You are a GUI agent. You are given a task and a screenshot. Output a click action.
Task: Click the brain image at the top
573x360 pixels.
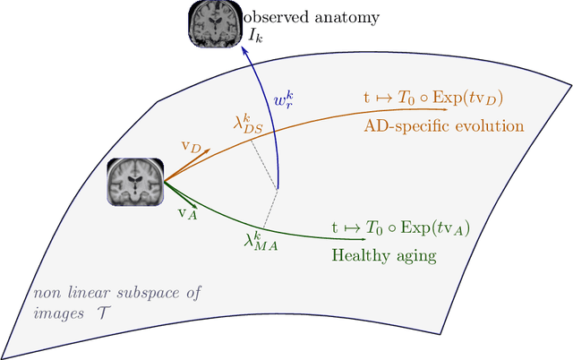(x=213, y=23)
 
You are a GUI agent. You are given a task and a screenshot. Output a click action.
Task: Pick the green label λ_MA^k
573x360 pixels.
(x=261, y=240)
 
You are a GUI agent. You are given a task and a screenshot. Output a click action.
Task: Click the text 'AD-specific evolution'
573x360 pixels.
(x=443, y=125)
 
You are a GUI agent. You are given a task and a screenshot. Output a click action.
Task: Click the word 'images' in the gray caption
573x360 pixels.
(x=55, y=311)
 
